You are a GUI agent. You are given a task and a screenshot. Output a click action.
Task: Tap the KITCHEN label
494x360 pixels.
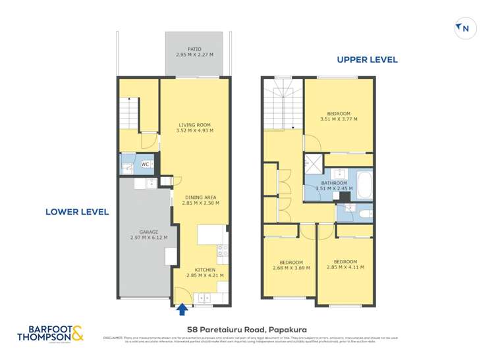[205, 269]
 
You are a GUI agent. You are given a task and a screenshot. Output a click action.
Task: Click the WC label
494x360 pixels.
[145, 165]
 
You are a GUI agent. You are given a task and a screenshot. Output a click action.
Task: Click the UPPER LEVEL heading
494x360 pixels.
[367, 60]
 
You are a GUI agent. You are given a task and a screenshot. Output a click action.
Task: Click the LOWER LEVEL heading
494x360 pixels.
[76, 212]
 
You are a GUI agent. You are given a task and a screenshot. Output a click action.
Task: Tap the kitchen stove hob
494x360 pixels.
[222, 250]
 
